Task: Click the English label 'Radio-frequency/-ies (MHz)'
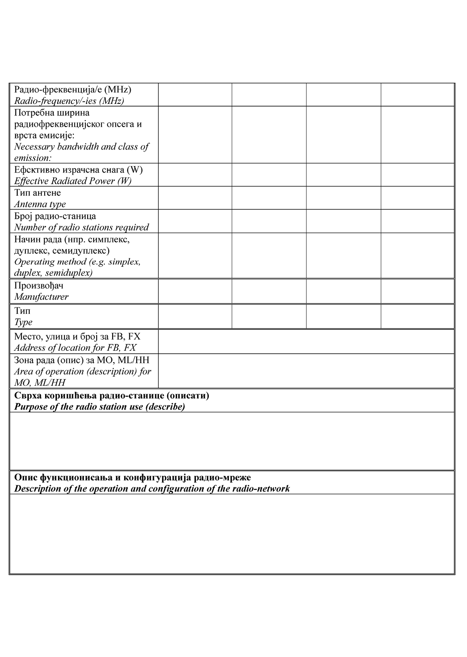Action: click(69, 101)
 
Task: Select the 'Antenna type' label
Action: click(40, 204)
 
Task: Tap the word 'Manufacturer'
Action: click(41, 297)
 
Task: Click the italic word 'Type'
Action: click(23, 322)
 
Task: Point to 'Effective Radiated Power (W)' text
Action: click(73, 181)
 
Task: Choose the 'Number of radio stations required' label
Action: click(81, 228)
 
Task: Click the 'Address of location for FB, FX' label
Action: click(75, 348)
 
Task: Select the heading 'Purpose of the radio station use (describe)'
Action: click(100, 407)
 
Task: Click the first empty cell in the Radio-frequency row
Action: click(195, 95)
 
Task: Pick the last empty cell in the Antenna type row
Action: click(417, 198)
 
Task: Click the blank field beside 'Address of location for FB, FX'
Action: click(306, 342)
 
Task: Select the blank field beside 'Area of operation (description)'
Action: click(306, 371)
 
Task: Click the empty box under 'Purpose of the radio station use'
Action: click(232, 441)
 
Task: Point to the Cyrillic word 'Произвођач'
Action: click(39, 286)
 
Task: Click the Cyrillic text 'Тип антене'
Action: click(37, 193)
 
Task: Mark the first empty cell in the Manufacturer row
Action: click(195, 291)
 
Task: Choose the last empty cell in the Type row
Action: click(417, 316)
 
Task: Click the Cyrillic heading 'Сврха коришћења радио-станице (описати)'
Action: click(112, 395)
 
